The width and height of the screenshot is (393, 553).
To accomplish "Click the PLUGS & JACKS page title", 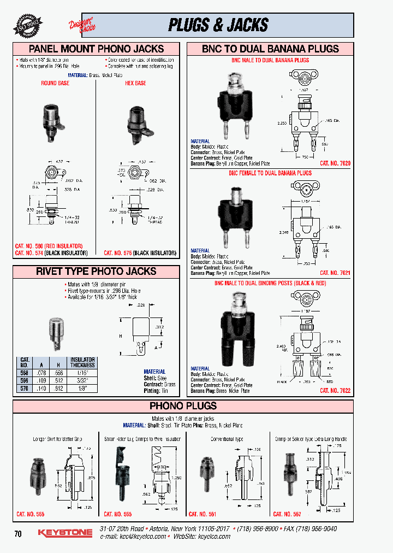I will coord(218,25).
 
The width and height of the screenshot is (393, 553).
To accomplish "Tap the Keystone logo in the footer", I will coord(64,533).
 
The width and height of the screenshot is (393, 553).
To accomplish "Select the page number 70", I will coord(18,534).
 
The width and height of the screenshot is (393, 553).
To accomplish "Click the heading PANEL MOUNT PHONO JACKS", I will coord(96,49).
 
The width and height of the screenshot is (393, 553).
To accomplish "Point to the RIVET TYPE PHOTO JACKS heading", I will coord(96,271).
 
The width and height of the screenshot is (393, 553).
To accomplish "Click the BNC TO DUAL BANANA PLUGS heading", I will coord(270,49).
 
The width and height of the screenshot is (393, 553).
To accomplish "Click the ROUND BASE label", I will coord(55,84).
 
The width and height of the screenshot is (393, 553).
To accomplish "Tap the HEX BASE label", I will coord(136,84).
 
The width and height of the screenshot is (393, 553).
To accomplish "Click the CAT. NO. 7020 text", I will coord(335,163).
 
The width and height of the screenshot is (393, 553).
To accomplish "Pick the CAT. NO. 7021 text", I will coord(335,273).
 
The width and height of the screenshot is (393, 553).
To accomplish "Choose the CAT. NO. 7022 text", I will coord(335,391).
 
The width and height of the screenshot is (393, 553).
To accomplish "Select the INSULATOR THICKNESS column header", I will coord(82,363).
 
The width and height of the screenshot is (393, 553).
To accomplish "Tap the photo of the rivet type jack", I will coord(56,333).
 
